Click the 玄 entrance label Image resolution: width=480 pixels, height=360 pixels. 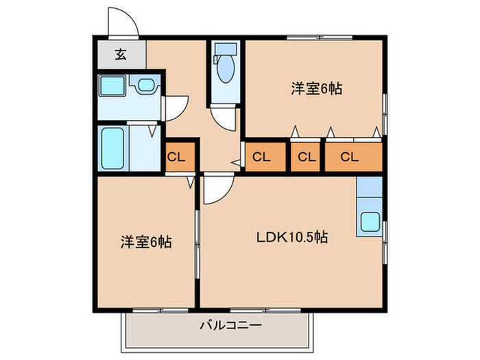(121, 54)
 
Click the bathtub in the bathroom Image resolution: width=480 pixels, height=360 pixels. (112, 148)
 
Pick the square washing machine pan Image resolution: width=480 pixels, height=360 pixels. (111, 87)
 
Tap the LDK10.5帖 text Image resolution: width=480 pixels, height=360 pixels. (291, 238)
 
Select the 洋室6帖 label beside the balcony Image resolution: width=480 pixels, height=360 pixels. (146, 241)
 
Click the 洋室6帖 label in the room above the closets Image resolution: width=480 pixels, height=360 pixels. (316, 88)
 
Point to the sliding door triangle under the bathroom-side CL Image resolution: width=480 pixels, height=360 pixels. (189, 182)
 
